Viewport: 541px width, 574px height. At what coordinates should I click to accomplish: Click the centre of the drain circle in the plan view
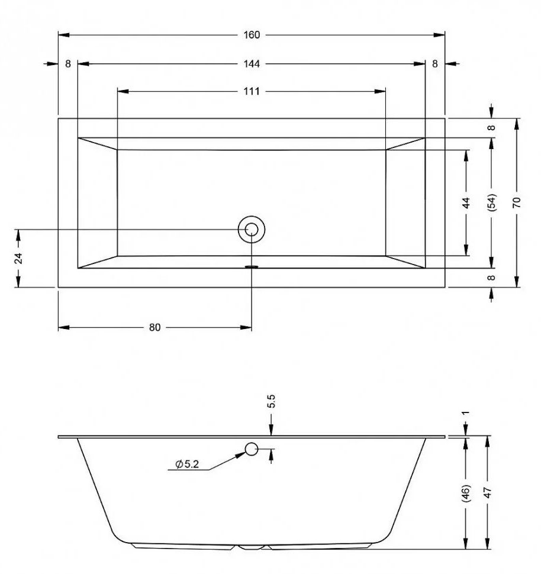coord(252,230)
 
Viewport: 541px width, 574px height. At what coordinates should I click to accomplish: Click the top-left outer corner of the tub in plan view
coord(58,118)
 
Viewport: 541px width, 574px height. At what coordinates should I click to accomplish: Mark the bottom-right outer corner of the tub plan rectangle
coord(445,288)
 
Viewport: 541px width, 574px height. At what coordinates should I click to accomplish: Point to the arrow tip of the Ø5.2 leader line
coord(246,453)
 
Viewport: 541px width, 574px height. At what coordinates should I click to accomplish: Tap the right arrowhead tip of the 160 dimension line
coord(445,35)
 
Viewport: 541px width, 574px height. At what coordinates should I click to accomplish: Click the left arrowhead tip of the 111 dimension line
coord(118,91)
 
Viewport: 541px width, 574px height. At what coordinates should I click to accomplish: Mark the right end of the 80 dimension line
coord(252,327)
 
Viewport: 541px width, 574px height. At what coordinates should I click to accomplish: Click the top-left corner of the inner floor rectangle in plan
coord(117,150)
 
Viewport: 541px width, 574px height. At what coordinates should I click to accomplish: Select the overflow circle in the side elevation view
coord(252,449)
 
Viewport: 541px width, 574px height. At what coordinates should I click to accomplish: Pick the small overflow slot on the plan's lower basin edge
coord(252,267)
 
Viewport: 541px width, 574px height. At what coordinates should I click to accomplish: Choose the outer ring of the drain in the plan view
coord(252,230)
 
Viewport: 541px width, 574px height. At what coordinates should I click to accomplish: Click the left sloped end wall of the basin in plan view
coord(98,203)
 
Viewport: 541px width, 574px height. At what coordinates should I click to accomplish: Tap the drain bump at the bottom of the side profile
coord(252,547)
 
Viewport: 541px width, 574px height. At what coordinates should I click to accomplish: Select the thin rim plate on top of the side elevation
coord(252,437)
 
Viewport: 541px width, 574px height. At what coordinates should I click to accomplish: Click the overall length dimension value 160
coord(252,35)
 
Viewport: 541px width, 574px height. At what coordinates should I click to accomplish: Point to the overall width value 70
coord(517,202)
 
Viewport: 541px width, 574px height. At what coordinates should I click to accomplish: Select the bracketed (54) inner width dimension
coord(492,202)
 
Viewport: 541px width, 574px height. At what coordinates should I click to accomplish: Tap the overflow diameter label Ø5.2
coord(187,465)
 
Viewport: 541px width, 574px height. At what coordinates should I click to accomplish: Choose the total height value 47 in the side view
coord(488,493)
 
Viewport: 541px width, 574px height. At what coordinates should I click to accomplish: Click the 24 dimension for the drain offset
coord(18,258)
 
